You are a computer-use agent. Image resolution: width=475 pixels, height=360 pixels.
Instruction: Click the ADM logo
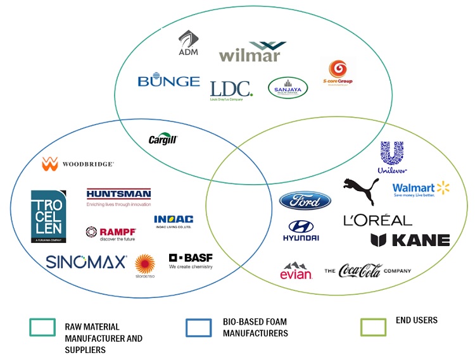click(188, 43)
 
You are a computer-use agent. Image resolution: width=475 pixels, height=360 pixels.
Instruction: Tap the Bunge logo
click(168, 82)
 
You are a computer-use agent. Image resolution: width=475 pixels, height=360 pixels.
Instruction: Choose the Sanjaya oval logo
click(288, 87)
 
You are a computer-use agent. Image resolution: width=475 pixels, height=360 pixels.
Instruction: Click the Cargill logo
click(163, 140)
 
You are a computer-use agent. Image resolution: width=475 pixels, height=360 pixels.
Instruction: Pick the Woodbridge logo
click(78, 164)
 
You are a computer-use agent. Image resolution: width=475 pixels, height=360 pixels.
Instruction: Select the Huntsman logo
click(118, 197)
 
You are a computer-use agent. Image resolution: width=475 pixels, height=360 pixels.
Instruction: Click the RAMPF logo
click(111, 233)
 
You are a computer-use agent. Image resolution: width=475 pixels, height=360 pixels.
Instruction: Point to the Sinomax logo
click(86, 261)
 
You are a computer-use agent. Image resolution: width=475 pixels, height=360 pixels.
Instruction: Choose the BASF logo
click(191, 261)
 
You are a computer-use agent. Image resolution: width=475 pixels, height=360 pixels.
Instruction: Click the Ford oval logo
click(305, 201)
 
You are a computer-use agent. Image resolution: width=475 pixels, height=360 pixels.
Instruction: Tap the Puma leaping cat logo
click(360, 191)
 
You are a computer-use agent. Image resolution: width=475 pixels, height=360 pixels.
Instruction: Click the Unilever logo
click(392, 157)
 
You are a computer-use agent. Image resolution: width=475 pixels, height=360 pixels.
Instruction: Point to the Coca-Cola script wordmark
click(360, 271)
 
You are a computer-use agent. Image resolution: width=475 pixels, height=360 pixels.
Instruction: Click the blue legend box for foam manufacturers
click(199, 327)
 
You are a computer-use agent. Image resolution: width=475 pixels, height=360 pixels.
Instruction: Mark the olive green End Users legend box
click(373, 326)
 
